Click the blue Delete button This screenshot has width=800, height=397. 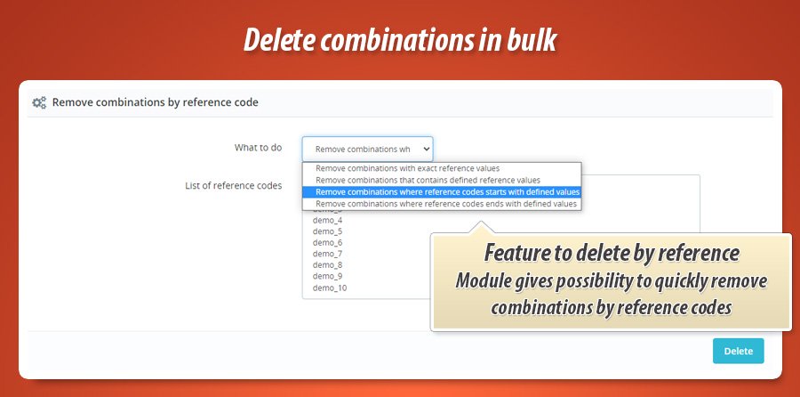tap(739, 351)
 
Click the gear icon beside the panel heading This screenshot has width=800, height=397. tap(39, 102)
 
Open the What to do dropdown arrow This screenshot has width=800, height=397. tap(426, 150)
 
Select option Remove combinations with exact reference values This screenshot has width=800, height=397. tap(407, 168)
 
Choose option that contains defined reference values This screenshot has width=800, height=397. tap(428, 180)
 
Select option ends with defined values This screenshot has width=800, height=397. tap(446, 204)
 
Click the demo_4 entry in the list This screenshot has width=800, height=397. tap(327, 221)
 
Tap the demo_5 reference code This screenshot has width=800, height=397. tap(327, 231)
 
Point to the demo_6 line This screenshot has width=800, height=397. tap(327, 243)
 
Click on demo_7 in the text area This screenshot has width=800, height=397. tap(327, 254)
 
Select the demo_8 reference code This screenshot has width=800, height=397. tap(327, 265)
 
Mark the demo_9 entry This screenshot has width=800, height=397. tap(327, 277)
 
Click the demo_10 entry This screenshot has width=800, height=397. tap(330, 288)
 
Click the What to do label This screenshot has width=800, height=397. tap(258, 148)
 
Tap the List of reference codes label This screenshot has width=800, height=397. tap(233, 185)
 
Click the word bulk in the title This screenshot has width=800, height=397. tap(531, 39)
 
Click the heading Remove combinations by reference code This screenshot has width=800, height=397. tap(155, 102)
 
